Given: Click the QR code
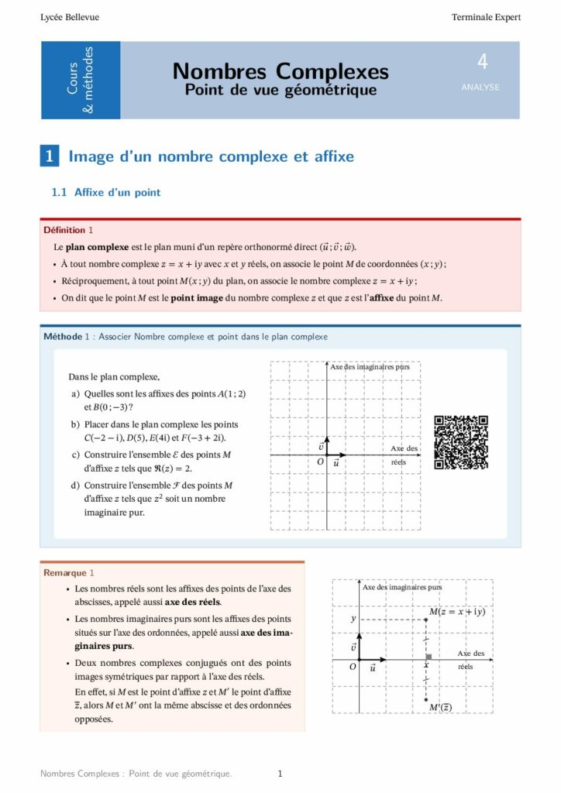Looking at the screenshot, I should [x=461, y=442].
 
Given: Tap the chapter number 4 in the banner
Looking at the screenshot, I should [x=482, y=62].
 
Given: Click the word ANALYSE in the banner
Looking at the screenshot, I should [x=480, y=88].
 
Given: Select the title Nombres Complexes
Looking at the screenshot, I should [x=280, y=71].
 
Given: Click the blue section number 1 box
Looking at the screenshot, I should [x=50, y=156].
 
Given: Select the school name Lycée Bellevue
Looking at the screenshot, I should [x=70, y=17].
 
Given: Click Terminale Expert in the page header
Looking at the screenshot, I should [x=487, y=17].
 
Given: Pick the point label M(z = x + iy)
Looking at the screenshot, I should [x=457, y=612].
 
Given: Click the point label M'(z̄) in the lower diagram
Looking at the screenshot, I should [x=441, y=707].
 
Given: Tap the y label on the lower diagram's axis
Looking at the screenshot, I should [x=353, y=619].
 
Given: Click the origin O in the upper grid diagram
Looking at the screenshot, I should [x=320, y=462].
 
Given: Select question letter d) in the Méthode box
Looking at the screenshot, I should [x=75, y=486].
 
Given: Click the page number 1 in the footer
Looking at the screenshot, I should [x=280, y=773].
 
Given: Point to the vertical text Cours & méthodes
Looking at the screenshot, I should [x=81, y=81].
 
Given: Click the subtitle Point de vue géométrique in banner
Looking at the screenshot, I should [x=280, y=91].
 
